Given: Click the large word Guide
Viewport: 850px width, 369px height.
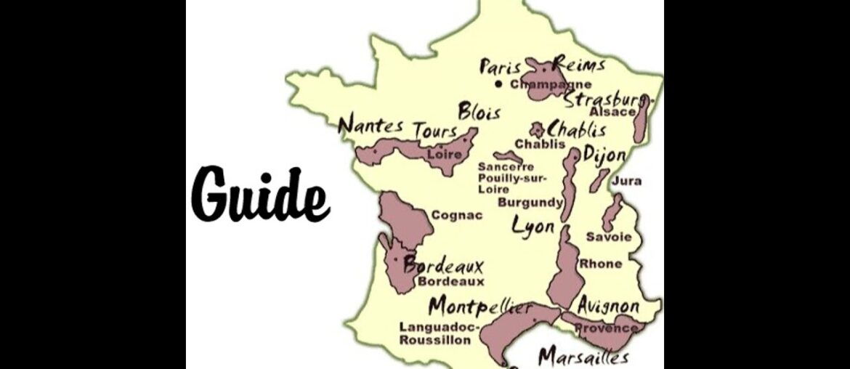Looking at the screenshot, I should click(x=261, y=194).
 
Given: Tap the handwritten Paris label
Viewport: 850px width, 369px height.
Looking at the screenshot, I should click(x=500, y=68).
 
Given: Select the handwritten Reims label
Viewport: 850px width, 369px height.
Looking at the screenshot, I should click(x=579, y=65).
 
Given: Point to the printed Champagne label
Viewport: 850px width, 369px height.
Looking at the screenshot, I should click(x=551, y=84).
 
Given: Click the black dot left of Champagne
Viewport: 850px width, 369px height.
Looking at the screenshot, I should click(x=498, y=84).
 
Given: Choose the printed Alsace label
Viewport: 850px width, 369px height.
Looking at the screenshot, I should click(x=612, y=112).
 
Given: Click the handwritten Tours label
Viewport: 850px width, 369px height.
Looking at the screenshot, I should click(x=435, y=131).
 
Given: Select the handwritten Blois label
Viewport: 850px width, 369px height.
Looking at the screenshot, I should click(x=479, y=112).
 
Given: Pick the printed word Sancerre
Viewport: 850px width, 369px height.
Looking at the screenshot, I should click(x=506, y=167).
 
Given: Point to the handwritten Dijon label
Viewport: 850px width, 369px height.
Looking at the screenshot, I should click(x=604, y=155).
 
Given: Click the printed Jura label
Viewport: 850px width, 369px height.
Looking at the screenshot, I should click(x=626, y=181).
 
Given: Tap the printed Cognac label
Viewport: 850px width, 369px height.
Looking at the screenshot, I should click(x=457, y=215).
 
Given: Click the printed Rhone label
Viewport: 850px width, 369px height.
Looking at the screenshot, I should click(x=600, y=264).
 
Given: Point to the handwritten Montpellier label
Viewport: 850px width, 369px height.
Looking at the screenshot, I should click(x=479, y=306).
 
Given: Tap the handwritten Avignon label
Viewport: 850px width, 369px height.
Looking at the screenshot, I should click(x=609, y=305).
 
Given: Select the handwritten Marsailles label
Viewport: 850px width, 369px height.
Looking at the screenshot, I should click(x=583, y=357).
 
